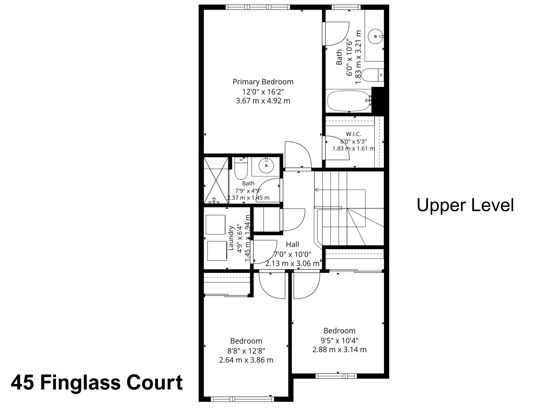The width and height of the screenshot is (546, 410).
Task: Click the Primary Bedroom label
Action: pos(263,82)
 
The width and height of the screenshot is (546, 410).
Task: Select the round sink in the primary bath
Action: pos(375,36)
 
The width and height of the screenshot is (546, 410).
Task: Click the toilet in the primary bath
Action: pos(372,75)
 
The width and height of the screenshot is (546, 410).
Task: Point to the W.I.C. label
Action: pos(354,134)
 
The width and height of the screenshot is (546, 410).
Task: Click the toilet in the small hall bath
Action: pos(241,168)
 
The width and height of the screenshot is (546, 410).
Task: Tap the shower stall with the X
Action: pos(216,180)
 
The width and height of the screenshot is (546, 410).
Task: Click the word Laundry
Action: pos(231,238)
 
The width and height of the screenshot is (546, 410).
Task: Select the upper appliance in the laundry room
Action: pos(215,225)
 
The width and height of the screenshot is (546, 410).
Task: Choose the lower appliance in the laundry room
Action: pos(217,251)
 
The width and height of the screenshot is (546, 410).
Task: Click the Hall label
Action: pos(292,245)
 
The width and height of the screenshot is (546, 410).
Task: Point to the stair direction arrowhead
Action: pos(316,190)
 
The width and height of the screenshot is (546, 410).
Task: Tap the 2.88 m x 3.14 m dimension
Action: pos(339,349)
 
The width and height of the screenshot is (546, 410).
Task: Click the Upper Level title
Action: pos(465,205)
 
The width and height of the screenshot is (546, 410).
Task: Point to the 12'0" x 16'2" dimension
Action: pos(263,92)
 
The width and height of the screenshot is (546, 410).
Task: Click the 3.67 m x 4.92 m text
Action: pos(263,101)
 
